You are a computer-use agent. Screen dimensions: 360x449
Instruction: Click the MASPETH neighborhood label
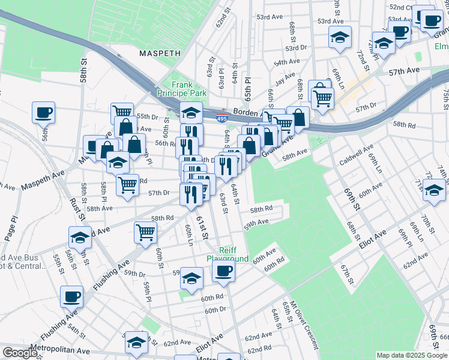click(160, 53)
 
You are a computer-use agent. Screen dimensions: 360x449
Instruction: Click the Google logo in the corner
click(20, 353)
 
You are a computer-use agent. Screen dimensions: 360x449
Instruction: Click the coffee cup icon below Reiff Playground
click(223, 271)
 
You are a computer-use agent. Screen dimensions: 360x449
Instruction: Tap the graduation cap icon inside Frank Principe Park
click(191, 112)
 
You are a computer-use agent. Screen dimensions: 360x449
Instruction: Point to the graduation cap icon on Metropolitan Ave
click(136, 342)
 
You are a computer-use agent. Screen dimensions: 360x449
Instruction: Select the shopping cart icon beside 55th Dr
click(122, 112)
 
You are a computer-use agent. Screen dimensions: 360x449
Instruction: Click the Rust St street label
click(76, 210)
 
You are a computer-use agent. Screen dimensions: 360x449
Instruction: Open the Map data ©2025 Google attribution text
click(411, 355)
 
